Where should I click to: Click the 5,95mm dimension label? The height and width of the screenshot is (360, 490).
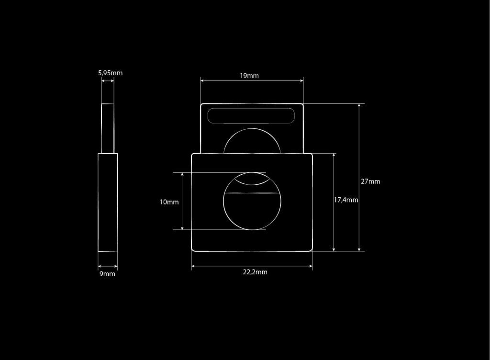pos(111,73)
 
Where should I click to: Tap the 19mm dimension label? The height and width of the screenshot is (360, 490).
pos(249,76)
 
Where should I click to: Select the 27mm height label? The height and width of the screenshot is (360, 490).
pos(371,181)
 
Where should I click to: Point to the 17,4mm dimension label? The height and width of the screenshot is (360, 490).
pos(346,200)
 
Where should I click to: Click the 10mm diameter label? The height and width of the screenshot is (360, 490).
pos(169,202)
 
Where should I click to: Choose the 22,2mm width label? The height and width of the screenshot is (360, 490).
pos(256,272)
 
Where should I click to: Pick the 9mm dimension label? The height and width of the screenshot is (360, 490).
pos(108,274)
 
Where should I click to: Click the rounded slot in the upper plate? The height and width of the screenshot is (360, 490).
pos(251,116)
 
